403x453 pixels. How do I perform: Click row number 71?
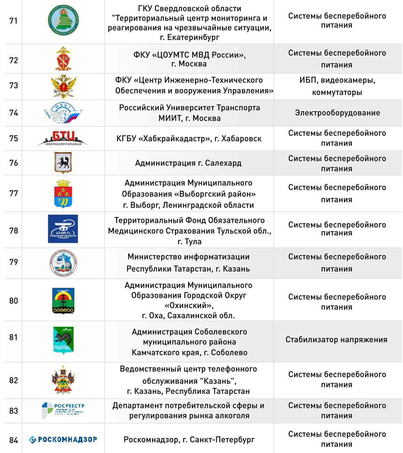(14, 21)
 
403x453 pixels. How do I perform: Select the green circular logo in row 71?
(63, 20)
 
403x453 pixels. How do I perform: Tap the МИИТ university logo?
(63, 113)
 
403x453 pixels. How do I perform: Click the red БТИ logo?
(63, 138)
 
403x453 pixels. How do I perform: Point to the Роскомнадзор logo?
(63, 439)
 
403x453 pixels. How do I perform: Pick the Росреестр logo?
(63, 410)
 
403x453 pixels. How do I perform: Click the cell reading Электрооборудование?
(337, 113)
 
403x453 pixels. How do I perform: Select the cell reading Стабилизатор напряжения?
(336, 339)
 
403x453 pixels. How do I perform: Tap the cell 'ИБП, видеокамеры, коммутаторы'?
(337, 86)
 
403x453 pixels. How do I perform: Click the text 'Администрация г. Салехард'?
(188, 163)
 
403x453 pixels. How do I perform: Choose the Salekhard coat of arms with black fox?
(63, 162)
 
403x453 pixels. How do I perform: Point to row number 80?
(14, 301)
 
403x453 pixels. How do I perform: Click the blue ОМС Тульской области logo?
(63, 229)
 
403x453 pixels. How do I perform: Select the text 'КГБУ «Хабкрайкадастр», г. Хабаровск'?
(189, 139)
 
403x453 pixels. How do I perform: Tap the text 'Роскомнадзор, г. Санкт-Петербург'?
(189, 440)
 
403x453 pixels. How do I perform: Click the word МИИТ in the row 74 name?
(170, 118)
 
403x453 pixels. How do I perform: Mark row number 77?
(14, 193)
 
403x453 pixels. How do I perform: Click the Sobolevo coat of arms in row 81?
(63, 340)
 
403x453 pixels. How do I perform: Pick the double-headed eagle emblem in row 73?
(63, 86)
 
